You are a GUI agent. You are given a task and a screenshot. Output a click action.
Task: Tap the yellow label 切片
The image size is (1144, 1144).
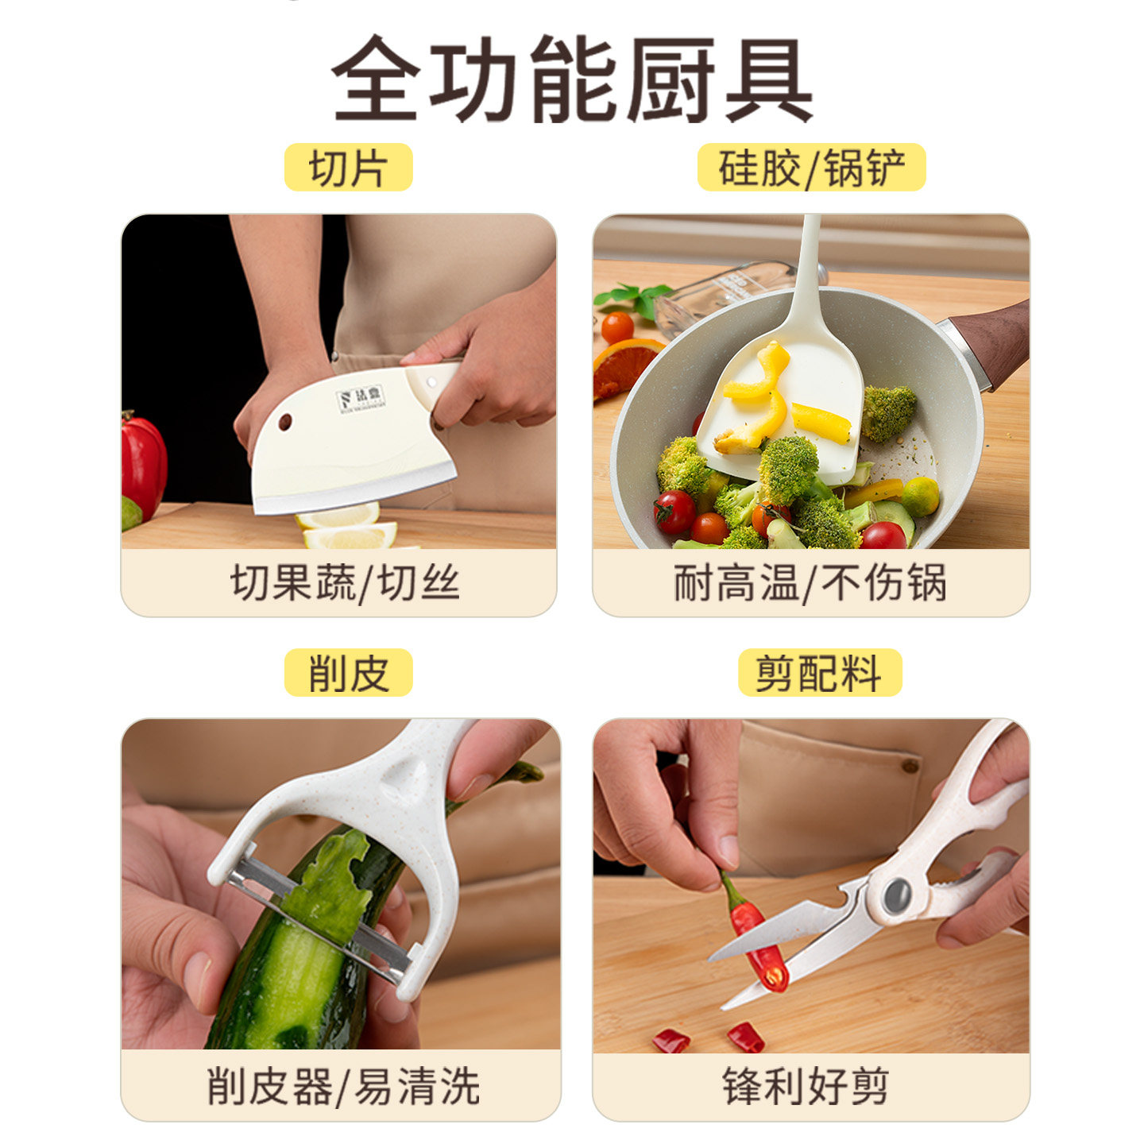348,168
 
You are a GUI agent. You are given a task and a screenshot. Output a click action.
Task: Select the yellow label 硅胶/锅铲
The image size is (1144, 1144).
811,168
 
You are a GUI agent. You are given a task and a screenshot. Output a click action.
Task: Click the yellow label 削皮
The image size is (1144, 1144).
348,673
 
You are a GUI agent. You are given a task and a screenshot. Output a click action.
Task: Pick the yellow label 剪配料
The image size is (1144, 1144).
819,673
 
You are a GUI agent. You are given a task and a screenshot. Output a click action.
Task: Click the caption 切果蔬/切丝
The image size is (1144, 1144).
345,583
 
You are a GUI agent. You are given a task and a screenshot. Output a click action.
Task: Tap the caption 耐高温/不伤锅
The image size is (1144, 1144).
810,583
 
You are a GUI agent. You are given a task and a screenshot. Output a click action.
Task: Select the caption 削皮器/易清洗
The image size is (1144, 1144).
343,1086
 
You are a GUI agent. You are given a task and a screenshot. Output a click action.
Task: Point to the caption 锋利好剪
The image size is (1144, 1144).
805,1086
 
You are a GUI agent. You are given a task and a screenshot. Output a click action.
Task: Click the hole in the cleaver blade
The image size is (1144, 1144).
284,422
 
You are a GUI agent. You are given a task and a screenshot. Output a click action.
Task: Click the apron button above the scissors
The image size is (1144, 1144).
910,766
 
